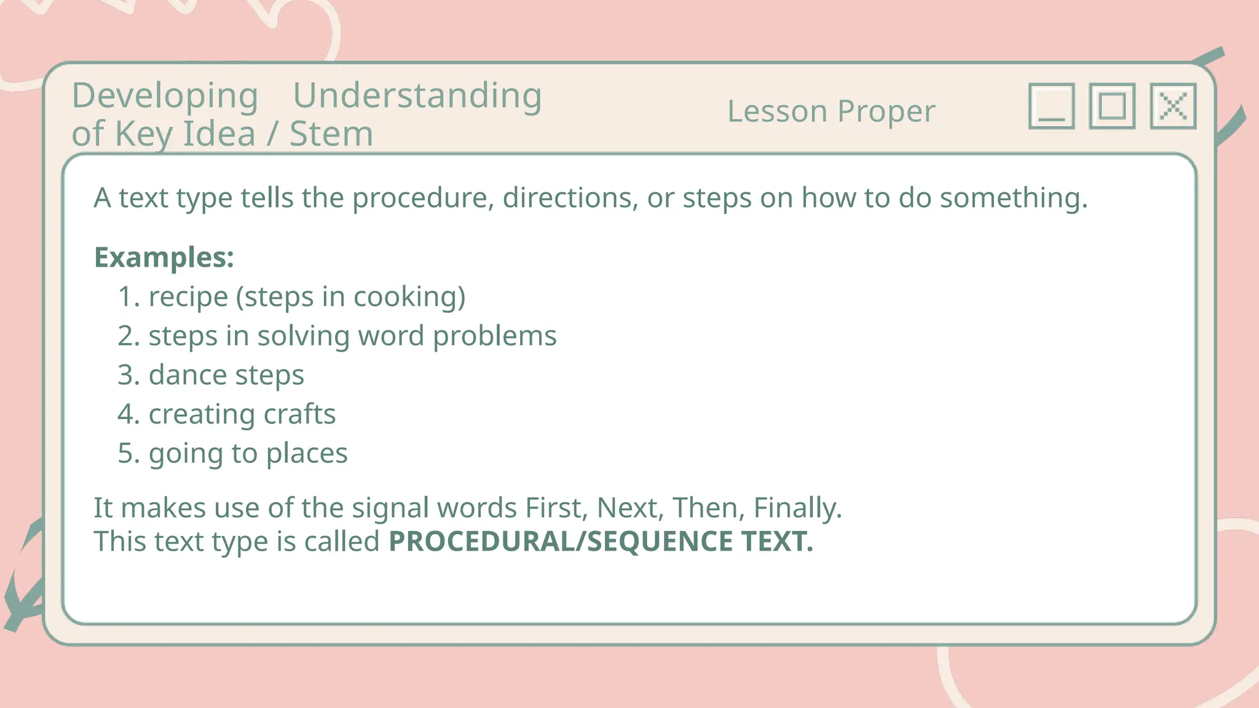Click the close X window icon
pyautogui.click(x=1173, y=106)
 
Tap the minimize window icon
pyautogui.click(x=1051, y=106)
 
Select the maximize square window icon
pyautogui.click(x=1112, y=106)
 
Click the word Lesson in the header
pyautogui.click(x=777, y=111)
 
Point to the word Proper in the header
pyautogui.click(x=886, y=112)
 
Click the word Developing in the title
pyautogui.click(x=165, y=96)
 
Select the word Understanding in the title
pyautogui.click(x=417, y=96)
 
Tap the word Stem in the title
pyautogui.click(x=331, y=134)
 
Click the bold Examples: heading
pyautogui.click(x=164, y=257)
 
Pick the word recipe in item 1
pyautogui.click(x=188, y=297)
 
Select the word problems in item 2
pyautogui.click(x=494, y=336)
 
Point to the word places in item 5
pyautogui.click(x=307, y=454)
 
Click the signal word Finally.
pyautogui.click(x=797, y=508)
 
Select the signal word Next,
pyautogui.click(x=630, y=508)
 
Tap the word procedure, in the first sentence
pyautogui.click(x=423, y=199)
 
